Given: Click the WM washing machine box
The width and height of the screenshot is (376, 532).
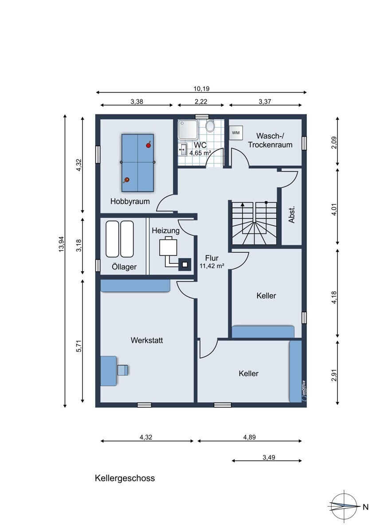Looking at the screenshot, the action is click(235, 133).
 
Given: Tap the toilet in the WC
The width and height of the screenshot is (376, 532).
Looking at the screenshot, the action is click(209, 125).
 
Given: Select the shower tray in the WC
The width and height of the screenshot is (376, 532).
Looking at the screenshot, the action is click(188, 129).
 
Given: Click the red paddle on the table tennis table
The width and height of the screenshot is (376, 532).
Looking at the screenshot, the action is click(149, 145).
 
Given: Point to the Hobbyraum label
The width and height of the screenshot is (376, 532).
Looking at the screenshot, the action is click(130, 201).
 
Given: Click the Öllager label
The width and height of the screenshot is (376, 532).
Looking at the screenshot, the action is click(124, 267).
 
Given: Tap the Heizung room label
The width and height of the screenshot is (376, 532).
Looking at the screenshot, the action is click(165, 231).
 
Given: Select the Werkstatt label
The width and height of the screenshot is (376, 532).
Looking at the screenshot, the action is click(147, 340).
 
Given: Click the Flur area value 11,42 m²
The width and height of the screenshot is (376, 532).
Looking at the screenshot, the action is click(212, 266).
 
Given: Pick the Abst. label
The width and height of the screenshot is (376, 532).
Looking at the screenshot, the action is click(291, 215).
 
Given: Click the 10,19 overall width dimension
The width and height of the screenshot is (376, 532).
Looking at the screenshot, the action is click(201, 89).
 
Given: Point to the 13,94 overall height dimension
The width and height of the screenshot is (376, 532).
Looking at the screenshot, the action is click(62, 244).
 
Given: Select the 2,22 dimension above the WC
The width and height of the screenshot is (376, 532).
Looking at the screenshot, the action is click(201, 102).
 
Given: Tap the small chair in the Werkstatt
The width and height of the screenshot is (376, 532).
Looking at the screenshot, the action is click(122, 370).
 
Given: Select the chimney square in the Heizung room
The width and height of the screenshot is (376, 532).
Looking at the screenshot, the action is click(185, 264).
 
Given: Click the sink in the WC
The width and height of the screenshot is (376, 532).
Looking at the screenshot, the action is click(182, 149).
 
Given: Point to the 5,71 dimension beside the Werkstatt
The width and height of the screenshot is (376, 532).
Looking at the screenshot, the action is click(79, 346).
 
